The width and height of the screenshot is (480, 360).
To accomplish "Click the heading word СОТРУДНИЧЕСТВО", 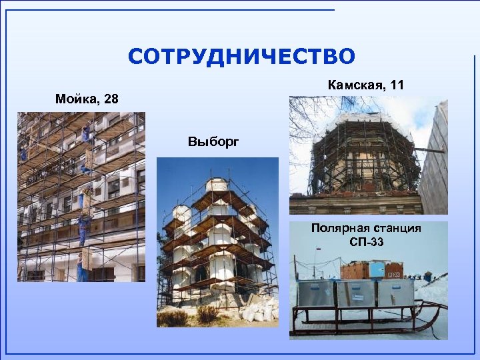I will pyautogui.click(x=241, y=57).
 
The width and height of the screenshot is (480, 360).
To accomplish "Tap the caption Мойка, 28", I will pyautogui.click(x=87, y=99).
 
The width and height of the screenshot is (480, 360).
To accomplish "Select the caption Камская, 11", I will pyautogui.click(x=366, y=85).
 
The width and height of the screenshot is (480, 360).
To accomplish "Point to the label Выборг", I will pyautogui.click(x=213, y=141).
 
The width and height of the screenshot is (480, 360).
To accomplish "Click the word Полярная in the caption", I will pyautogui.click(x=337, y=229).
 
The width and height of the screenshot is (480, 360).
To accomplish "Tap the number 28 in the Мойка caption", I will pyautogui.click(x=110, y=99).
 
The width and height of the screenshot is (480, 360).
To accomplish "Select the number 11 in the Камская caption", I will pyautogui.click(x=397, y=85).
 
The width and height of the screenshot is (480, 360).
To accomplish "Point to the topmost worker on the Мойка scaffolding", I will pyautogui.click(x=86, y=133).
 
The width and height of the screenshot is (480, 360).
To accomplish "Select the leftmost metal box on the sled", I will pyautogui.click(x=315, y=294).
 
